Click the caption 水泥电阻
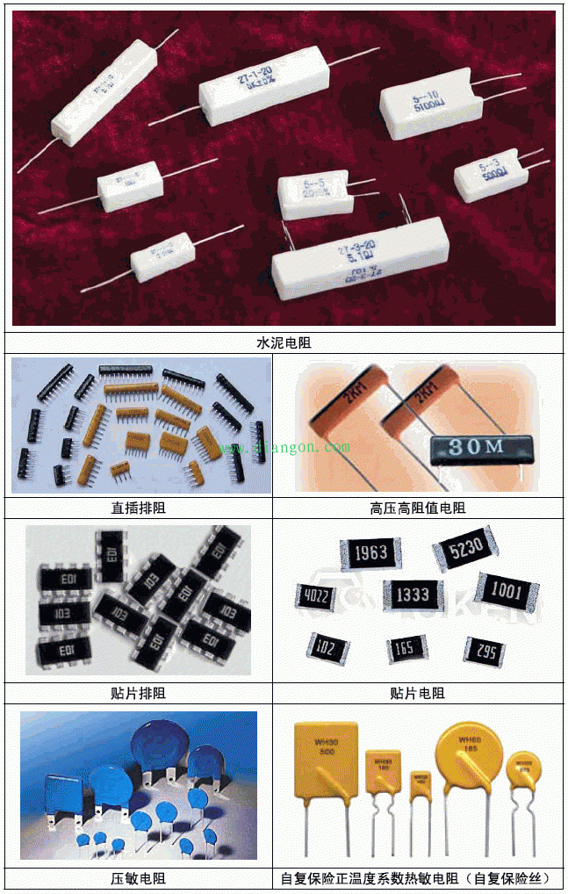pos(284,342)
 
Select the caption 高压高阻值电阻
pos(418,508)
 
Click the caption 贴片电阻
pos(418,693)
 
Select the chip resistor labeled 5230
pos(465,553)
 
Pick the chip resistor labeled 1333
pos(412,595)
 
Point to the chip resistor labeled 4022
pos(318,596)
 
